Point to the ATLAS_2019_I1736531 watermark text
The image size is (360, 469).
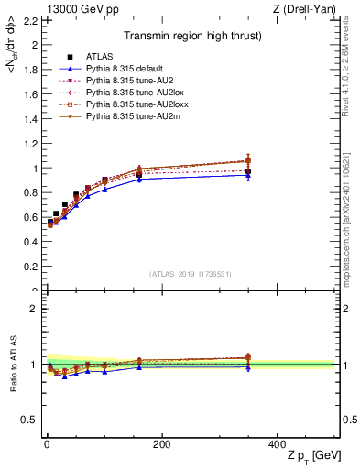click(191, 274)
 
